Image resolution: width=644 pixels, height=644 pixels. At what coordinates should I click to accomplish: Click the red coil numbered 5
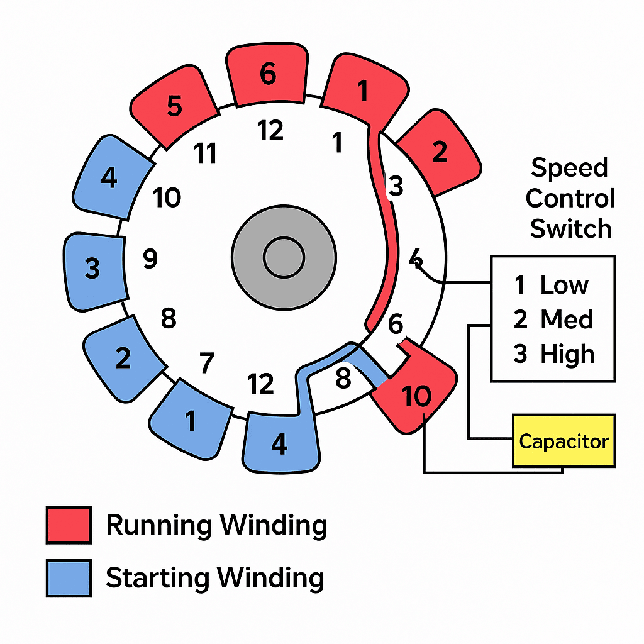[174, 107]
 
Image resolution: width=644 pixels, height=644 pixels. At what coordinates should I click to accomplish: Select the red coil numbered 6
[267, 75]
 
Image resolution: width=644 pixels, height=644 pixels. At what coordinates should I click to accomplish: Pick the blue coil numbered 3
[93, 269]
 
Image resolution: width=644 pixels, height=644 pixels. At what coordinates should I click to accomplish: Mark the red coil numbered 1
[363, 91]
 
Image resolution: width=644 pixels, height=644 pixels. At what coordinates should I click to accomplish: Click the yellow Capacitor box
[564, 441]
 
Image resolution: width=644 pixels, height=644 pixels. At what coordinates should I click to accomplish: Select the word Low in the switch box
[563, 286]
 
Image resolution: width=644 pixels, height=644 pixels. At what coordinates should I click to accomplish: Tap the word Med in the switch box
[567, 319]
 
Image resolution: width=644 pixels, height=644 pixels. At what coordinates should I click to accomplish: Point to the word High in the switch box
[567, 354]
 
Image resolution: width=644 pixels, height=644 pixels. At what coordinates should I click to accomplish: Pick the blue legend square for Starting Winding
[69, 577]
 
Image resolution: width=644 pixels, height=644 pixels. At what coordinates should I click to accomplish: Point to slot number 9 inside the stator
[150, 258]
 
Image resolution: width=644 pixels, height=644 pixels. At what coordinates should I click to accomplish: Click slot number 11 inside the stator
[206, 153]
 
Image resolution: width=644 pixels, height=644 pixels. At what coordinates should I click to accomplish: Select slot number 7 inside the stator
[206, 363]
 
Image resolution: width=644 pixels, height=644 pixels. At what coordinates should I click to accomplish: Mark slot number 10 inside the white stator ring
[167, 198]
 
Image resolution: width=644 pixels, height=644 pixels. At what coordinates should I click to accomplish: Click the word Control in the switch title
[570, 199]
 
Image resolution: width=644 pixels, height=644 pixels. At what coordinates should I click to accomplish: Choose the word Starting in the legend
[157, 577]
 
